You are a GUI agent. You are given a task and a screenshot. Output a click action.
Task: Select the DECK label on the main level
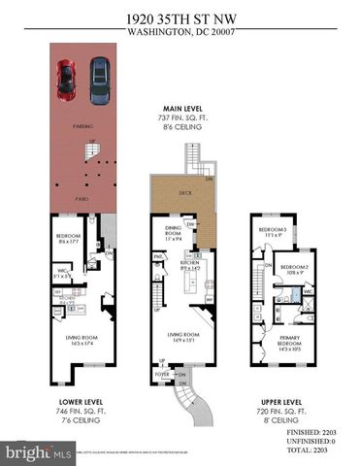click(x=185, y=193)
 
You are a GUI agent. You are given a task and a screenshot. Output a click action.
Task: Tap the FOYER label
click(x=164, y=371)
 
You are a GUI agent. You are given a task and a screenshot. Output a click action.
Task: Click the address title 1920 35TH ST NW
click(x=180, y=17)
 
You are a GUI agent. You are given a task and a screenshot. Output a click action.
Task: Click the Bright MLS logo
click(x=39, y=452)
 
